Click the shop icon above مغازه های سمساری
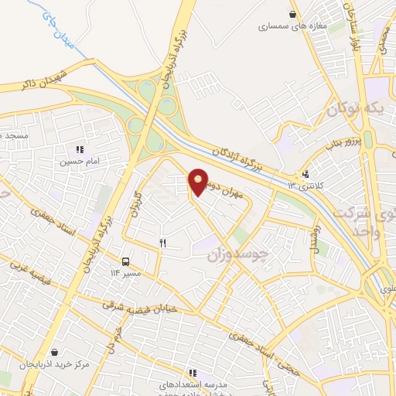[292, 13]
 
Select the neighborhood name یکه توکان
[355, 110]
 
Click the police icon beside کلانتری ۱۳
[306, 175]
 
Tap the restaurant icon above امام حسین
[79, 149]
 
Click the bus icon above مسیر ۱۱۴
[126, 261]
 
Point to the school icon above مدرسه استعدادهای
[190, 373]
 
